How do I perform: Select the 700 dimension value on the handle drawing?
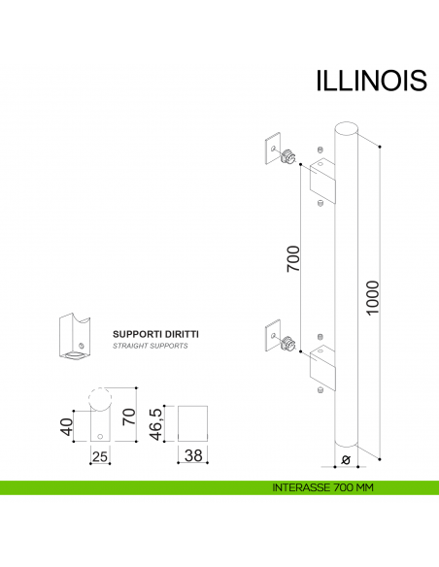click(x=292, y=260)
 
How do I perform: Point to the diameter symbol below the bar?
click(x=347, y=462)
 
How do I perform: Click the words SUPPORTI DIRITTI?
click(x=156, y=333)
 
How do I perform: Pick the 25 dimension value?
click(x=99, y=455)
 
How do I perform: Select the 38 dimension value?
click(x=194, y=455)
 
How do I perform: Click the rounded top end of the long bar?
click(x=347, y=128)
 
